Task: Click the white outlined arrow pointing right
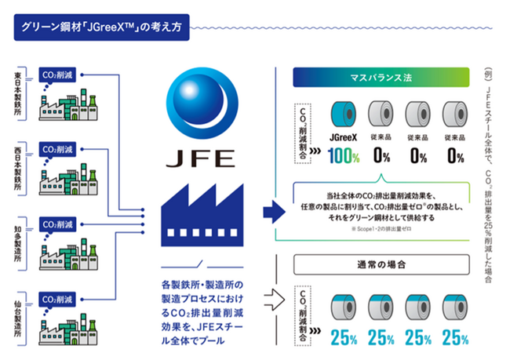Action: tap(272, 299)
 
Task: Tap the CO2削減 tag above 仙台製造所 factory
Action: tap(60, 298)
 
